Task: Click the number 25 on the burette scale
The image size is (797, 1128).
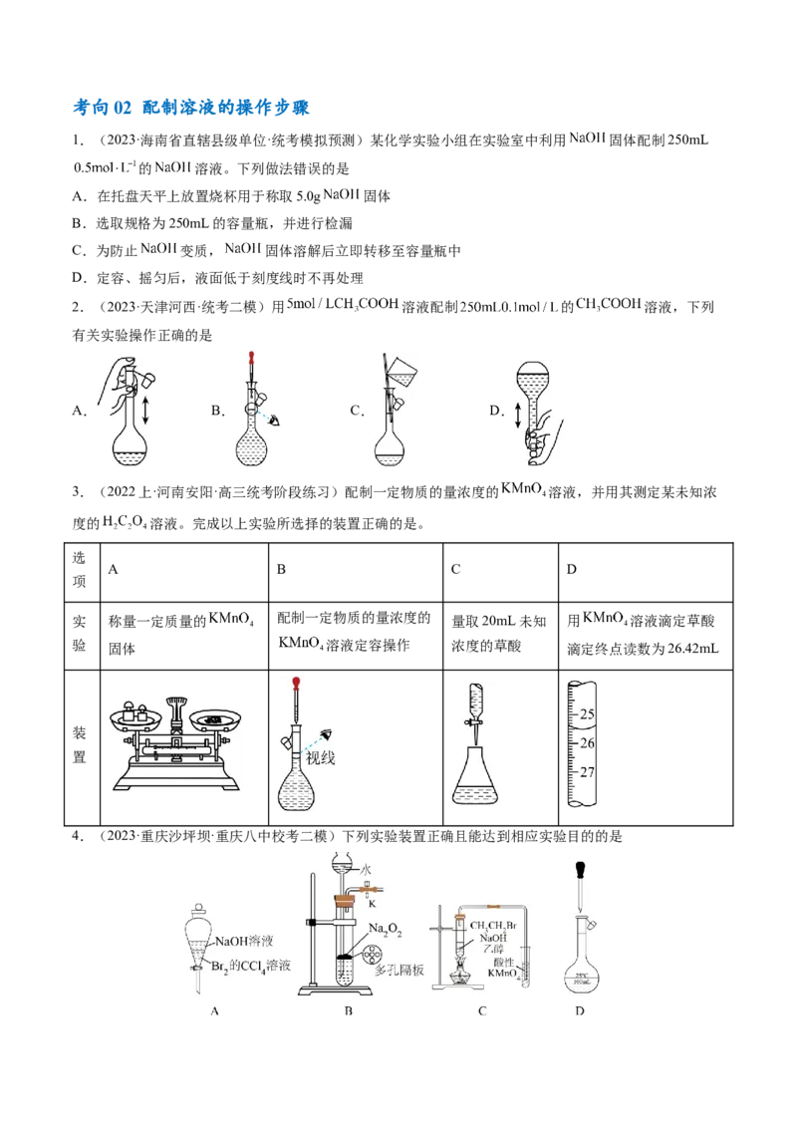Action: [587, 714]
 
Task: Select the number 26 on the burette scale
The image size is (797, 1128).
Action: [587, 743]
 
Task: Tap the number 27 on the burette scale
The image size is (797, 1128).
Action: [587, 772]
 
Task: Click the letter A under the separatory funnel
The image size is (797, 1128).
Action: [214, 1011]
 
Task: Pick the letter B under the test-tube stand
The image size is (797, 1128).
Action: [349, 1011]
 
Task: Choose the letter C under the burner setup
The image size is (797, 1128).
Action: [482, 1011]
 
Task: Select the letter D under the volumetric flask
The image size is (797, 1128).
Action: [580, 1011]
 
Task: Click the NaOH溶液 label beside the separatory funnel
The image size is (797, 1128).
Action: [244, 941]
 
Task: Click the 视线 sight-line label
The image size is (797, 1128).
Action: [320, 758]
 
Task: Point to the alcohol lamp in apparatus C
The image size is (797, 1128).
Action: [462, 976]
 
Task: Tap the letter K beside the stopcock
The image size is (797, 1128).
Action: [371, 903]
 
